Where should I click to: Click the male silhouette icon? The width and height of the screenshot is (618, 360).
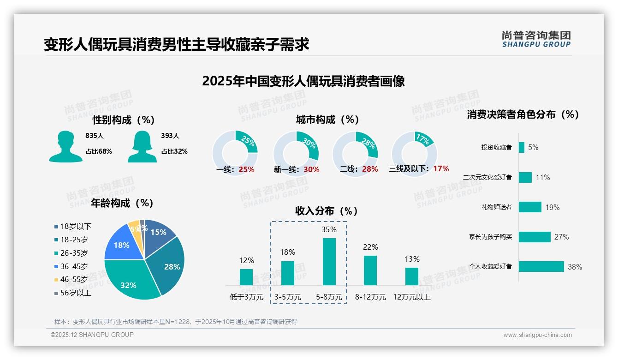tap(65, 147)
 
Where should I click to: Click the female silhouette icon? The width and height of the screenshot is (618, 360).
tap(142, 147)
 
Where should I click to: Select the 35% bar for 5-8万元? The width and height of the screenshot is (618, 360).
tap(329, 261)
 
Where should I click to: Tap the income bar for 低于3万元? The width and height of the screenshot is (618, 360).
tap(246, 277)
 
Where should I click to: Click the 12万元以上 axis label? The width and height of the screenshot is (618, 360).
tap(411, 297)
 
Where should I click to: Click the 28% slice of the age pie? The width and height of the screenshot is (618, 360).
tap(168, 263)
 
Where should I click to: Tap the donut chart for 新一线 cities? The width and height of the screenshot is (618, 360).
tap(296, 153)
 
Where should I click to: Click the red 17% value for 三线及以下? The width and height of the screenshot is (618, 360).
tap(441, 169)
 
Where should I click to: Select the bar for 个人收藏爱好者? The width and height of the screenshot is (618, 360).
tap(541, 266)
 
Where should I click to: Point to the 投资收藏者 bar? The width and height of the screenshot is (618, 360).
tap(521, 147)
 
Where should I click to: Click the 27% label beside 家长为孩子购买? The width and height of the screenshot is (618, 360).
tap(561, 237)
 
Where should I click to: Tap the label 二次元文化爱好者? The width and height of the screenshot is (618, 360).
tap(487, 177)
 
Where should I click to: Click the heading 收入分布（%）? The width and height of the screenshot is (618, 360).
tap(327, 211)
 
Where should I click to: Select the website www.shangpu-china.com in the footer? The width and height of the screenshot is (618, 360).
tap(537, 335)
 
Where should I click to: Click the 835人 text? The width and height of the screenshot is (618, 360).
tap(95, 136)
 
